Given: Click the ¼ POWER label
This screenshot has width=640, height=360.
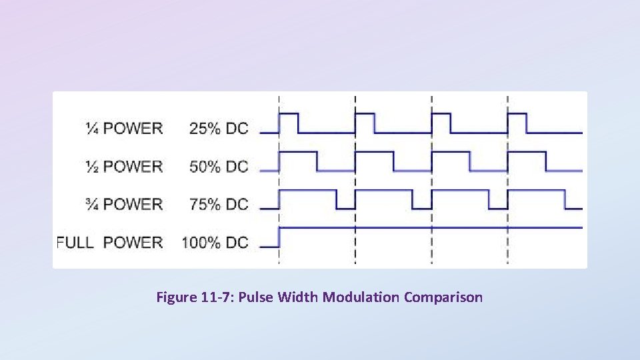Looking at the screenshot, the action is [124, 128].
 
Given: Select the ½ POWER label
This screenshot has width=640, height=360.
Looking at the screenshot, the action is [124, 166].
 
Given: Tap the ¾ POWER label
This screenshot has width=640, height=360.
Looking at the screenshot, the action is [124, 204].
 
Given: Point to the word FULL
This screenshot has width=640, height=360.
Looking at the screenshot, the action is [75, 242].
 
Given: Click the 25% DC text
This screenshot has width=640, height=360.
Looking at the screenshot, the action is [219, 128].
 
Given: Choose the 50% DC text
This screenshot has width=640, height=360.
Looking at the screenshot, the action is [219, 166].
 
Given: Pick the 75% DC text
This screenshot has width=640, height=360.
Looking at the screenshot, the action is [219, 204].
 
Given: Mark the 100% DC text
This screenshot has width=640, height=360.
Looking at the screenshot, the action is [215, 242].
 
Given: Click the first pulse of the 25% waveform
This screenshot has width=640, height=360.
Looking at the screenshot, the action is [289, 122].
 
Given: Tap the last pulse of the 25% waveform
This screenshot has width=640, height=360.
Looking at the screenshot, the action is [517, 122].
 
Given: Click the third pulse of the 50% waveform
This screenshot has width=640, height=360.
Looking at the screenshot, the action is [451, 161].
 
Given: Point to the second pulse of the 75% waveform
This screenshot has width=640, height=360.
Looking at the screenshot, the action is [384, 199].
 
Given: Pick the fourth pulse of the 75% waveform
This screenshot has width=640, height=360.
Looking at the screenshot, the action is [537, 199].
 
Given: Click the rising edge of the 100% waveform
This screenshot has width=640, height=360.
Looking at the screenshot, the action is [279, 237].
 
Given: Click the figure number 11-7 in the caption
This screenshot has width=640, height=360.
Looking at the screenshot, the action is [215, 297].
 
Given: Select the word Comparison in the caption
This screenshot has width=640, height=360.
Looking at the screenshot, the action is [443, 297].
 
